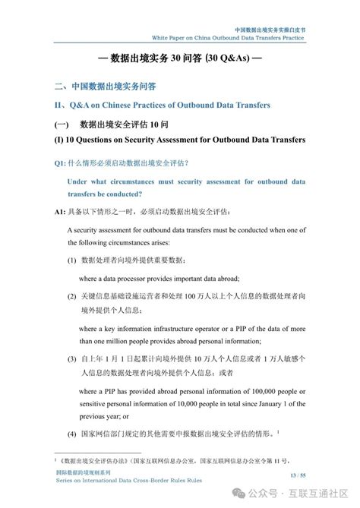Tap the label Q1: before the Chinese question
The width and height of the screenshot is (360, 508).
click(61, 162)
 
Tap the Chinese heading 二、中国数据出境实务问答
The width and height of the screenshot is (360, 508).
click(106, 87)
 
